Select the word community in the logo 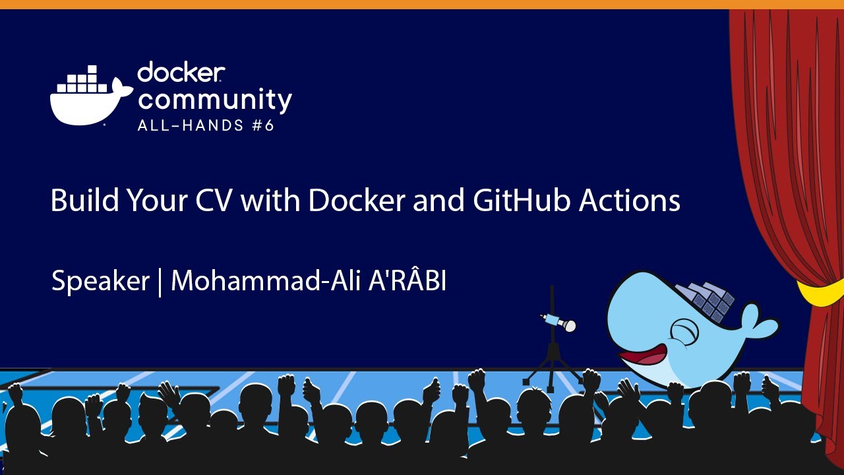pyautogui.click(x=214, y=100)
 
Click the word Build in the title pyautogui.click(x=84, y=201)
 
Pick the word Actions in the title pyautogui.click(x=630, y=201)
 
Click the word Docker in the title pyautogui.click(x=357, y=201)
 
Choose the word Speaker pyautogui.click(x=100, y=282)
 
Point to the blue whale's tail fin pyautogui.click(x=758, y=323)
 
